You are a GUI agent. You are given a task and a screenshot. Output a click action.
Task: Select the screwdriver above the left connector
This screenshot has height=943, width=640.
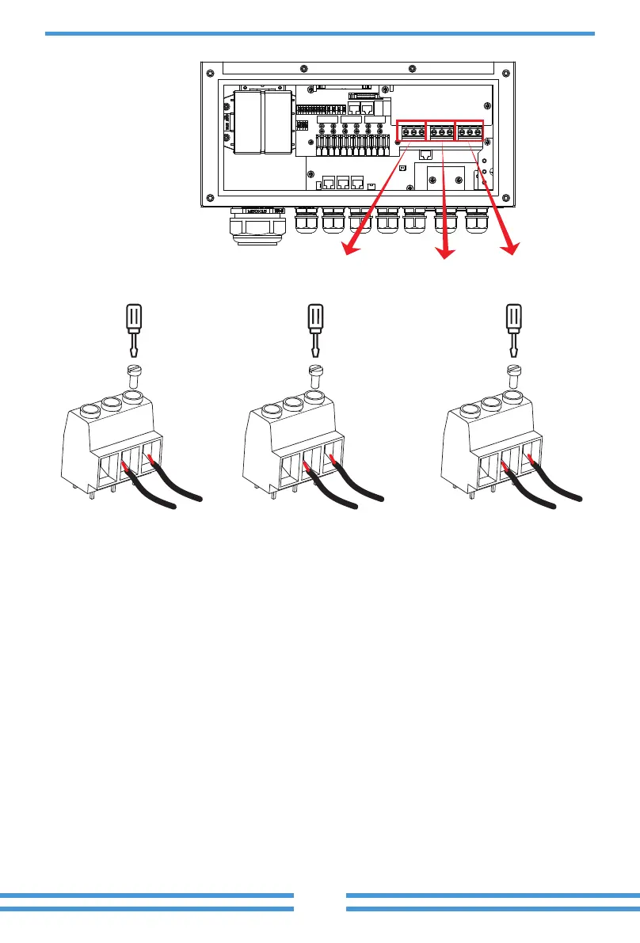[x=134, y=329]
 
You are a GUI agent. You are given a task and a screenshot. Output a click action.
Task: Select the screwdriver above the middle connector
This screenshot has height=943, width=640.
[x=314, y=329]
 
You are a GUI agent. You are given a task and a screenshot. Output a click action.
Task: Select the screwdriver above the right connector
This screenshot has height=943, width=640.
[x=512, y=329]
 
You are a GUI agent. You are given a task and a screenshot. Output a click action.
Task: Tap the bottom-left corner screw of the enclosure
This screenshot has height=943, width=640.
[x=208, y=197]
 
